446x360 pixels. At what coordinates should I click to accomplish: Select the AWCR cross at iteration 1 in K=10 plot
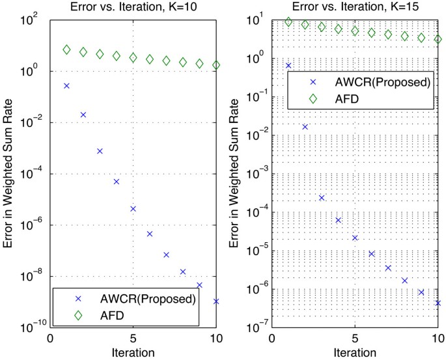(66, 86)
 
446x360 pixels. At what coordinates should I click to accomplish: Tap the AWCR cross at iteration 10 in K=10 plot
(216, 301)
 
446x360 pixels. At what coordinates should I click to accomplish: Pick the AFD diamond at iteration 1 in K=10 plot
(66, 50)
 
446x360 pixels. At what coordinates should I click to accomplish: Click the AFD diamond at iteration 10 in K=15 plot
(438, 39)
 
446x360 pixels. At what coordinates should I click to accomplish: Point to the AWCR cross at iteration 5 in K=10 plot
(133, 209)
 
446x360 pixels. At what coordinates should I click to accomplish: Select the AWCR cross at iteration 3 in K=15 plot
(322, 198)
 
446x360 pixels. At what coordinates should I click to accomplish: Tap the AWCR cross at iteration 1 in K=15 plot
(288, 66)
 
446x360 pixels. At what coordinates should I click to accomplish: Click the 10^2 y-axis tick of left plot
(36, 20)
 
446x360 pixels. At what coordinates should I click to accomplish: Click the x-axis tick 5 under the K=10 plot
(133, 339)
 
